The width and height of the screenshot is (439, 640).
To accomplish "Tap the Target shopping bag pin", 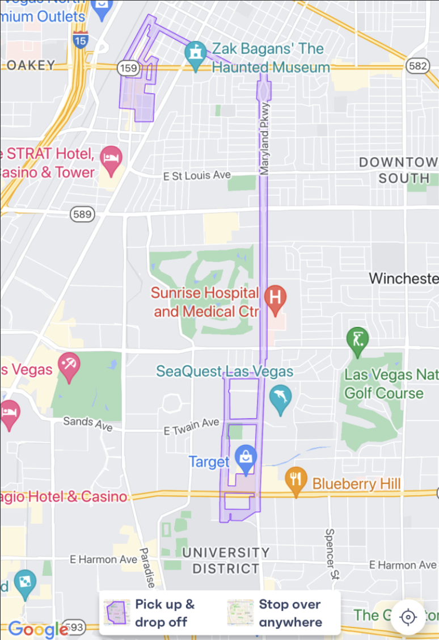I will coord(246,458).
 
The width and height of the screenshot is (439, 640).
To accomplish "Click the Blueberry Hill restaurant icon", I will coord(295,479).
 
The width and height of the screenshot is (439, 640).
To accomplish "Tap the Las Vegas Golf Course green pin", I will coord(357,340).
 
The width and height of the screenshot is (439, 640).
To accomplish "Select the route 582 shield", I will coord(417,66).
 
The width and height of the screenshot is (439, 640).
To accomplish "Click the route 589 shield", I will coord(82,214).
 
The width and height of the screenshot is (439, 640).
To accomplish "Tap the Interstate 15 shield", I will coord(80,40).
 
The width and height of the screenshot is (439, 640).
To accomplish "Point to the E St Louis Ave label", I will coord(197,176).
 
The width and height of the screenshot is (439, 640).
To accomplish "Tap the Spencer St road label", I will coord(330,554).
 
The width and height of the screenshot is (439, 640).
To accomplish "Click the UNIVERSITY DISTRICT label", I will coord(226,560).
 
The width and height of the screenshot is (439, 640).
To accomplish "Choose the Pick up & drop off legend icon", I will coord(117,613).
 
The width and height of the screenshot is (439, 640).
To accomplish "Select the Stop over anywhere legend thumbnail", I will coord(240,613).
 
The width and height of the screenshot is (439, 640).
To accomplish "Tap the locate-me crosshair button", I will coord(408,617).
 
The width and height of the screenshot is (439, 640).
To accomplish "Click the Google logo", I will coord(39,629).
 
